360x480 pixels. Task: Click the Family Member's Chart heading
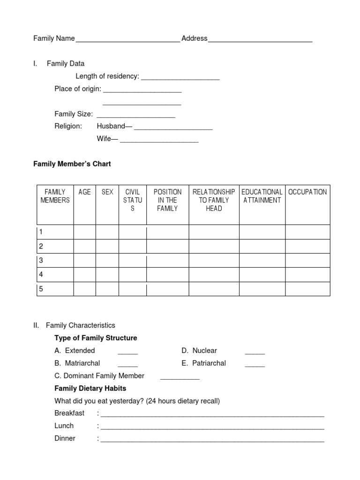(x=72, y=164)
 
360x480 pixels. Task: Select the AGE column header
(x=84, y=192)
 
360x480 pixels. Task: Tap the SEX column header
(x=107, y=192)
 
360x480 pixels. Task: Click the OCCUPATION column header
(x=307, y=192)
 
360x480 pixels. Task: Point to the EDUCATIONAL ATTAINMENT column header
(x=262, y=196)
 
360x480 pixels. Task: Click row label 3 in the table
(x=41, y=261)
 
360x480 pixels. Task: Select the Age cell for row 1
(x=84, y=232)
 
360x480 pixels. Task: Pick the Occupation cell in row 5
(x=307, y=289)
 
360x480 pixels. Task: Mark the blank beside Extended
(x=127, y=352)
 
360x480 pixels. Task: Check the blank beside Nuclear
(x=255, y=352)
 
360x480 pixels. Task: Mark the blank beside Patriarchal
(x=255, y=364)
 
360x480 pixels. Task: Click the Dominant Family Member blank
(x=180, y=377)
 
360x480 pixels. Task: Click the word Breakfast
(x=69, y=413)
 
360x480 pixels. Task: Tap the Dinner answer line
(x=212, y=440)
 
